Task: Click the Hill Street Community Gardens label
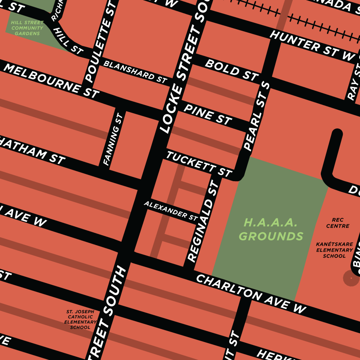point(27,28)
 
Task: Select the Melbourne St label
point(51,81)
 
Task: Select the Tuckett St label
point(199,163)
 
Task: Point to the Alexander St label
point(171,211)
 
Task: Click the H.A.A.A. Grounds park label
point(271,230)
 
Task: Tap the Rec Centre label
point(338,223)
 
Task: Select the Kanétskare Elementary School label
point(334,250)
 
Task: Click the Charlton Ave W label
point(251,294)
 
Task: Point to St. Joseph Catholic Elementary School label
point(80,319)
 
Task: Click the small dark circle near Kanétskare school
point(351,278)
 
